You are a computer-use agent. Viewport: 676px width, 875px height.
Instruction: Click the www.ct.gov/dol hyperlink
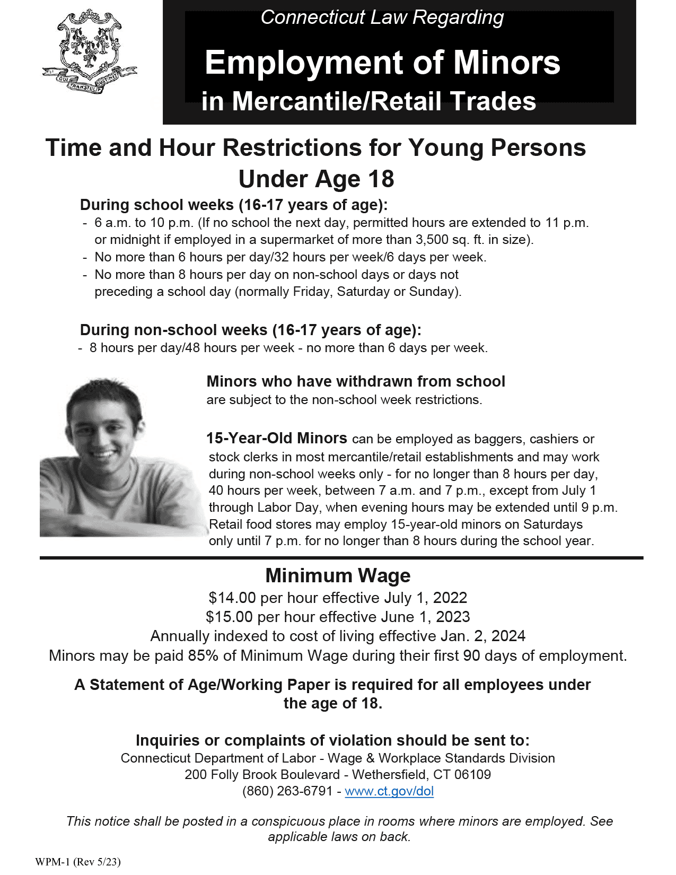point(389,791)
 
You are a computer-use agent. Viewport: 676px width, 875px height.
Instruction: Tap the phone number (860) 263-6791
point(287,791)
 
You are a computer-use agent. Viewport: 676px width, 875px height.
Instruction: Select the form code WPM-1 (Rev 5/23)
point(78,862)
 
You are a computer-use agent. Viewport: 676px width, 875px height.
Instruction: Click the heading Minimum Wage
point(338,575)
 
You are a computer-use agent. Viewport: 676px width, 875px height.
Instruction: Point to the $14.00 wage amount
point(232,598)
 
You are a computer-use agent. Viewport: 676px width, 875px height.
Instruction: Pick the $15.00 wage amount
point(229,617)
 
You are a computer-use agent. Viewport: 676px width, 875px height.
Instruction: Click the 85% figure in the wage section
point(203,656)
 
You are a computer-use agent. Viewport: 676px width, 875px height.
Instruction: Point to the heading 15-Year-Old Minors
point(276,439)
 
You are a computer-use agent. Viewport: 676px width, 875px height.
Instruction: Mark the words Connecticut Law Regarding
point(382,17)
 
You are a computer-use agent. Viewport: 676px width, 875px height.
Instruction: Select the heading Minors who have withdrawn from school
point(356,381)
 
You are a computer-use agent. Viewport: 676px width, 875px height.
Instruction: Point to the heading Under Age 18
point(316,179)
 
